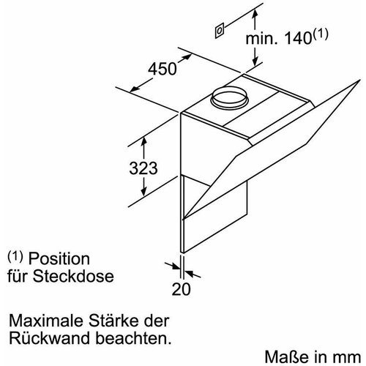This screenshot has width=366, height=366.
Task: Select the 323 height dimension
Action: [139, 168]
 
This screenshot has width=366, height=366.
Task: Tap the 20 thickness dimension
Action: [181, 288]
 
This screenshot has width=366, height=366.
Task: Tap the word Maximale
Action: [42, 321]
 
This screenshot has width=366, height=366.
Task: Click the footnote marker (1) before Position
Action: [15, 258]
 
